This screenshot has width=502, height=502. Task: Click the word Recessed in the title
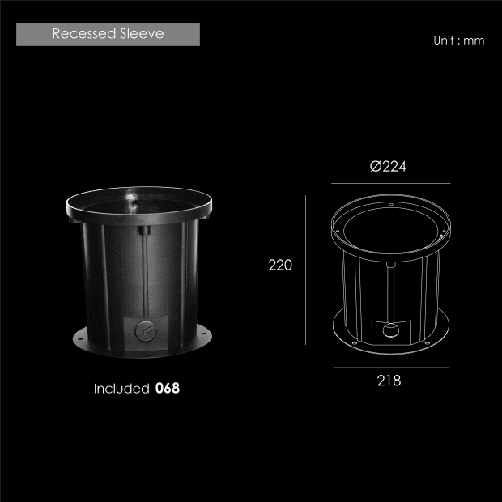84,34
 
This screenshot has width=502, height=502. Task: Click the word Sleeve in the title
143,34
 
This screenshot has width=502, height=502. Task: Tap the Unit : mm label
459,40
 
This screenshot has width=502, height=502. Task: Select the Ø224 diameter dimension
388,167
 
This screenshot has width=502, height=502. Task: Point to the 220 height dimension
280,265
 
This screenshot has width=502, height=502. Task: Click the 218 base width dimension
389,381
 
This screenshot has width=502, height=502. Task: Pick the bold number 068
168,388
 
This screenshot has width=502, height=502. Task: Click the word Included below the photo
121,389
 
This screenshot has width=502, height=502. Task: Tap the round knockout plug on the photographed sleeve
146,331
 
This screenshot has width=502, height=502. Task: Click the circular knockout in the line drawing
391,330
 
